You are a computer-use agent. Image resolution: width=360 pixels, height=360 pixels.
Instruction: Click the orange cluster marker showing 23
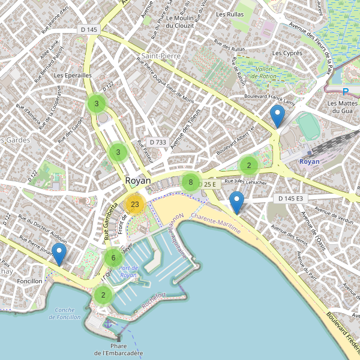134,205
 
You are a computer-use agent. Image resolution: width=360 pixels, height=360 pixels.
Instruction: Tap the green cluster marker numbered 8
190,182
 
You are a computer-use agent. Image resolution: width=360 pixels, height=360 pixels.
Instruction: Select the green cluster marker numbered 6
113,258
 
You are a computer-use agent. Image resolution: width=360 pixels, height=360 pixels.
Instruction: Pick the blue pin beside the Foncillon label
59,254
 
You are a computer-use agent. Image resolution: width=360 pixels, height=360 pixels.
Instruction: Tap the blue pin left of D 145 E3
238,203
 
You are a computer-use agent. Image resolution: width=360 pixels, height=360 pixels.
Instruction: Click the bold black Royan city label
138,181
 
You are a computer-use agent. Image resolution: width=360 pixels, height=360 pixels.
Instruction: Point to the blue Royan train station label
309,162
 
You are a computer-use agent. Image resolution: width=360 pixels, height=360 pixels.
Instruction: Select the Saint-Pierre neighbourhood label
158,56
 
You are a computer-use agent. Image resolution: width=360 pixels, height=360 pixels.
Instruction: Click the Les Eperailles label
73,76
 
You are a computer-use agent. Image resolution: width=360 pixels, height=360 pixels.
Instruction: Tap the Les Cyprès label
287,53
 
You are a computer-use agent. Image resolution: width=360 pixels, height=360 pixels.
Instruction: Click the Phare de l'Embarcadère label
118,350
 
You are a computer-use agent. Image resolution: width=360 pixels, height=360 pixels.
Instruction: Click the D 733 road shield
157,142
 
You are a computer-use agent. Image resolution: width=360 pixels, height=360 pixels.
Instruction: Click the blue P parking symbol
345,92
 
